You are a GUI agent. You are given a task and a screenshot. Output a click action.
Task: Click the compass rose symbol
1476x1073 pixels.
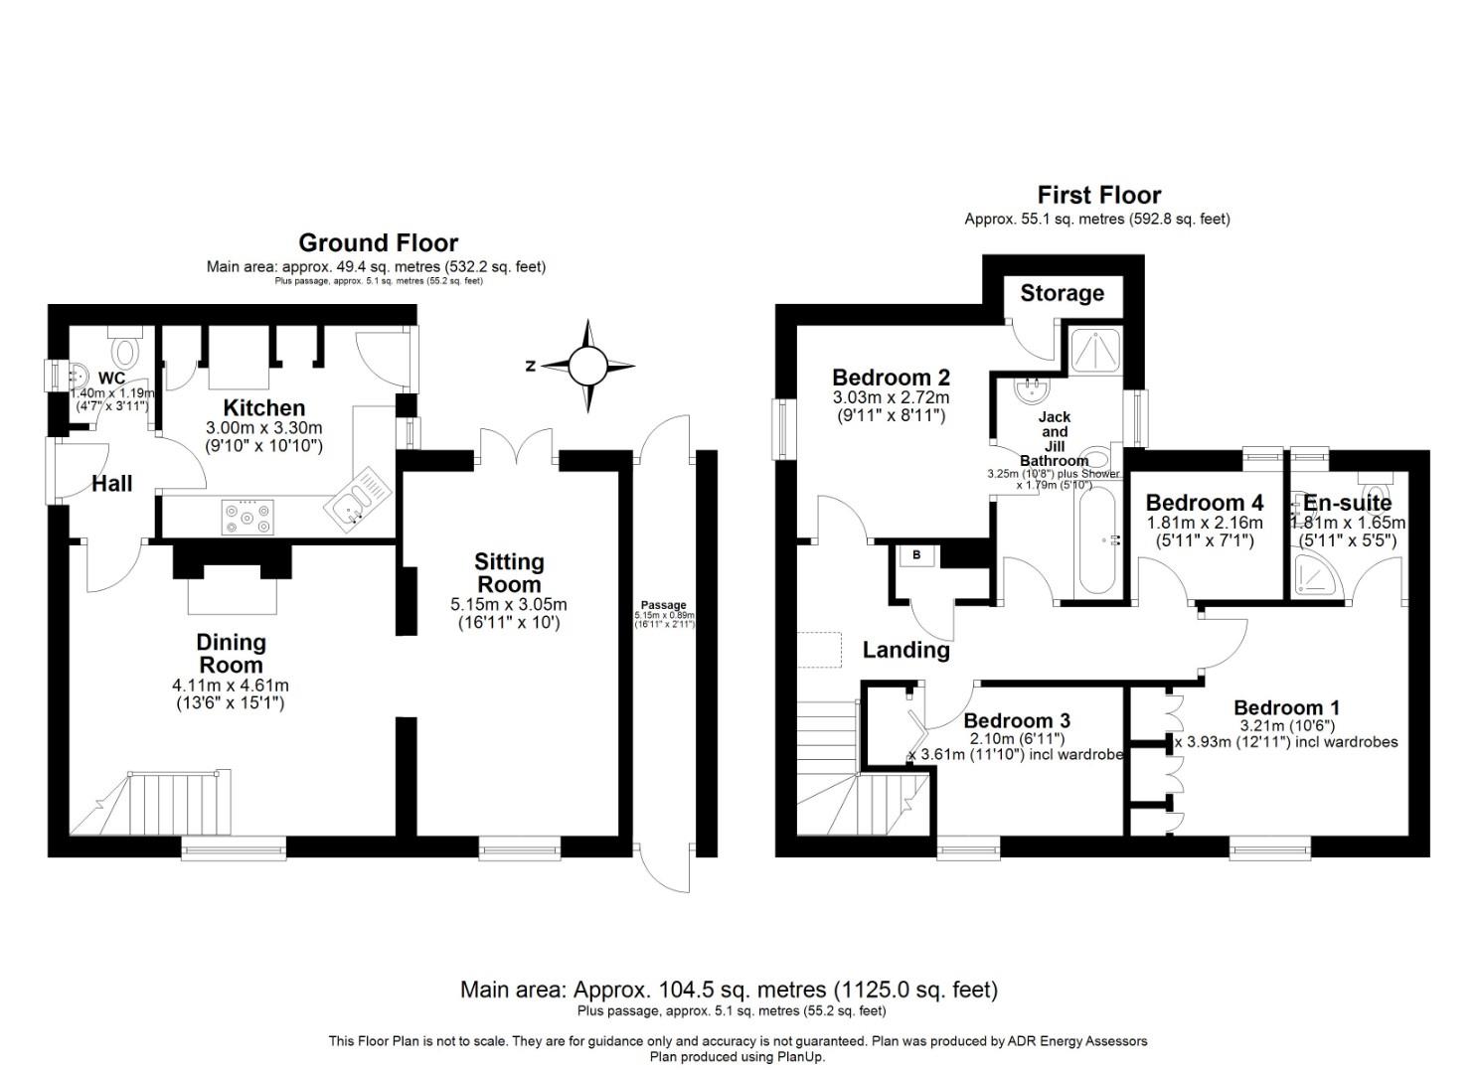[587, 366]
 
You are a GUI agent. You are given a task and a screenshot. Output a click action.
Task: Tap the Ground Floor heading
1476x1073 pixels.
[378, 242]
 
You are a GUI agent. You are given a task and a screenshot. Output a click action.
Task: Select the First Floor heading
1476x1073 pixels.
[1098, 195]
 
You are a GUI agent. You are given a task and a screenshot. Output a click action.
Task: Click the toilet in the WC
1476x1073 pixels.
[126, 350]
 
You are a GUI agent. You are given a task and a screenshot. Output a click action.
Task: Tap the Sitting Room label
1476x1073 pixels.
[509, 572]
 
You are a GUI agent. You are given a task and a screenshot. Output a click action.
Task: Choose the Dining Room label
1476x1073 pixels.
[231, 654]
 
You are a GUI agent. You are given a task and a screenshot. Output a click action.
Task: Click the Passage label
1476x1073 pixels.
[663, 605]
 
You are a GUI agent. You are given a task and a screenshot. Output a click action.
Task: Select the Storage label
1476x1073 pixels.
[1062, 293]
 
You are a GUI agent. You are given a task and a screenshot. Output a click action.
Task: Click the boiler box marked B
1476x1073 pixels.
[915, 556]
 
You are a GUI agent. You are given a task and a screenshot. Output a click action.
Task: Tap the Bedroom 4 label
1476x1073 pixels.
[1204, 503]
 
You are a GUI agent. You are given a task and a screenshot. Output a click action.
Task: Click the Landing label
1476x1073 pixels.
[905, 650]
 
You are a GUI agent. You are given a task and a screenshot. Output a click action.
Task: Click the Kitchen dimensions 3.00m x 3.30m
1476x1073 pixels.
[264, 427]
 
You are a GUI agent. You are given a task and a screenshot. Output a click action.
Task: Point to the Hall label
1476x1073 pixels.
[111, 484]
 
